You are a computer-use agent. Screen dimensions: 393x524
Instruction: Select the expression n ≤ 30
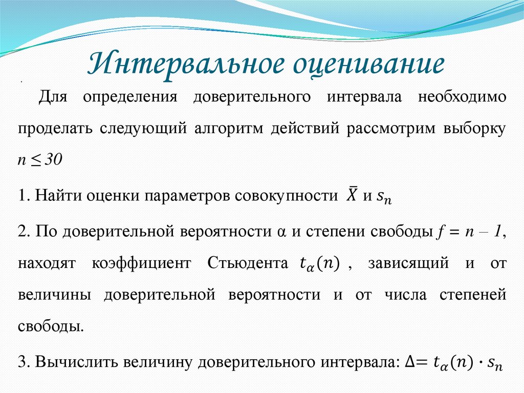click(39, 159)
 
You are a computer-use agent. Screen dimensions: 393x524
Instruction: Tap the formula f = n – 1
click(470, 232)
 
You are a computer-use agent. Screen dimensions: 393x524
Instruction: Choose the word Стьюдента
click(248, 263)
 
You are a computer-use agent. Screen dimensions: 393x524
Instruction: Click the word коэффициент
click(141, 263)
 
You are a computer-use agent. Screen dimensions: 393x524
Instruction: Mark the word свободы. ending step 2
click(50, 326)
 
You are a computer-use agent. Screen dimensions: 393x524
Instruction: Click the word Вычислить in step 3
click(71, 362)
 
